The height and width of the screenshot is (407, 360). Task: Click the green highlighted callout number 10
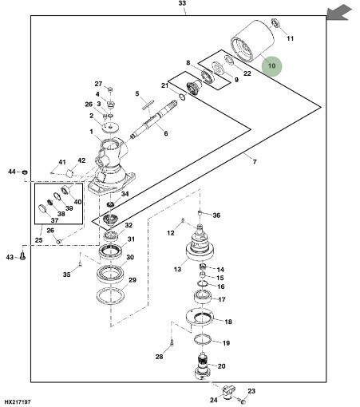coord(271,65)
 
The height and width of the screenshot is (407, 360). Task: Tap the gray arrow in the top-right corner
coord(339,13)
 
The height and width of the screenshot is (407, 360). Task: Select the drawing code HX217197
coord(18,401)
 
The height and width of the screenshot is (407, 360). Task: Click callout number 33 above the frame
coord(182,3)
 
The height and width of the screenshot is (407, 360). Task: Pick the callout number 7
coord(255,161)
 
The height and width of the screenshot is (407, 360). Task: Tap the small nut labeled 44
coord(26,172)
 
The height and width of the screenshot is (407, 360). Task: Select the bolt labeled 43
coord(23,256)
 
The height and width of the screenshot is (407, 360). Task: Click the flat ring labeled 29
coord(110,295)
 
